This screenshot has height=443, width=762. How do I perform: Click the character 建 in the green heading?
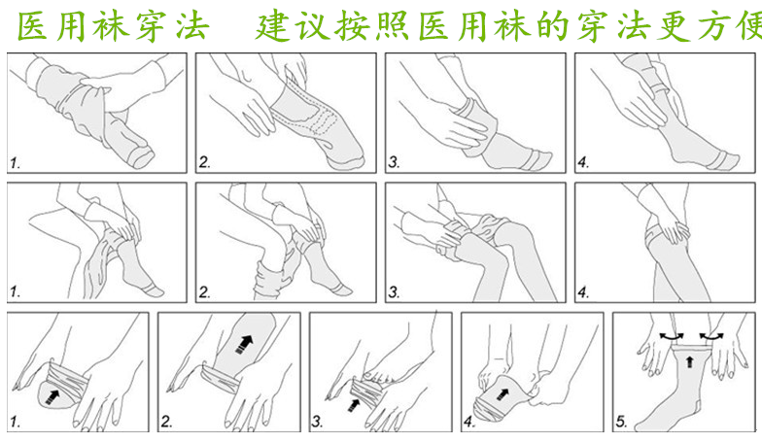tap(272, 25)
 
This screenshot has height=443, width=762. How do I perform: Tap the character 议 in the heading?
tap(313, 25)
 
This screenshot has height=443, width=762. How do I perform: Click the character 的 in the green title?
tap(554, 25)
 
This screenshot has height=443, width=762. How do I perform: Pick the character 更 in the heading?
tap(673, 25)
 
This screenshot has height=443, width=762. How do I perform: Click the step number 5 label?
tap(621, 421)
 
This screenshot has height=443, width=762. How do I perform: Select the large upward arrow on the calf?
tap(245, 344)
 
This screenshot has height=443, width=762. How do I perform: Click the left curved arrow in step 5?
tap(672, 336)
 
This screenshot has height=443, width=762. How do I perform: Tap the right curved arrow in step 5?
tap(711, 336)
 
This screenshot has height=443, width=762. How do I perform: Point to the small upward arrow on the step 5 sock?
tap(689, 361)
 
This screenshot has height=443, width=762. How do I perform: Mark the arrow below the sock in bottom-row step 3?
tap(354, 404)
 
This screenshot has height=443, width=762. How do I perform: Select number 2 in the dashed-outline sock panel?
tap(204, 162)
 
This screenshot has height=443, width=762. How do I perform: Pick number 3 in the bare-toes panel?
tap(317, 422)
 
